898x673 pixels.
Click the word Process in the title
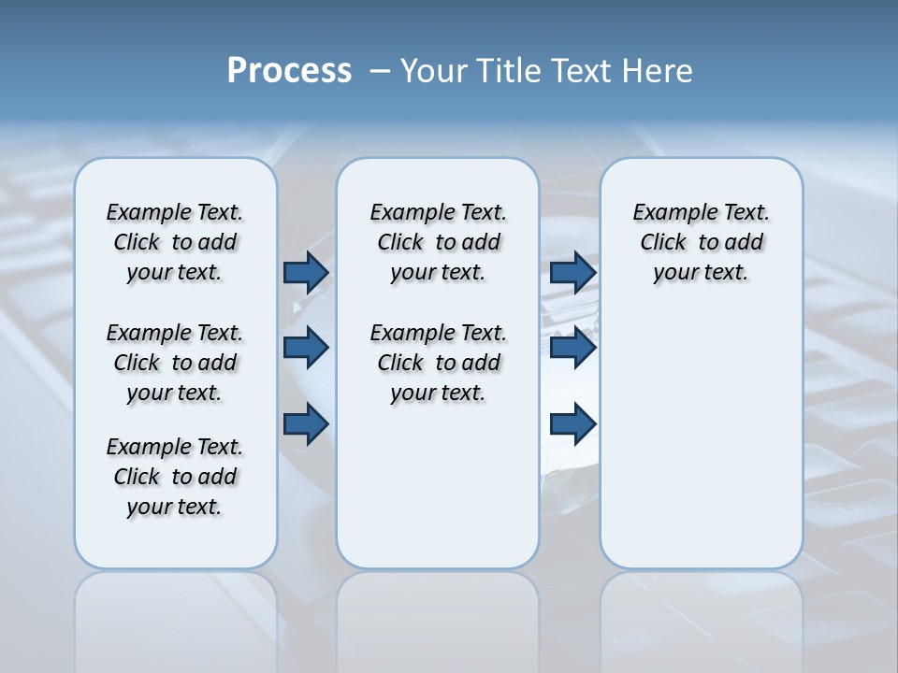click(x=289, y=71)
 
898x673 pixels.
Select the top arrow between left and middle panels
click(x=306, y=272)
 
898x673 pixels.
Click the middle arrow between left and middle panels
click(x=306, y=348)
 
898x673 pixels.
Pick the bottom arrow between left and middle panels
click(x=306, y=423)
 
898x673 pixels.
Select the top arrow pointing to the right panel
click(x=572, y=272)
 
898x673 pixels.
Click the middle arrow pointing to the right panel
click(x=572, y=348)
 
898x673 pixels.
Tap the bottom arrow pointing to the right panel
click(x=572, y=423)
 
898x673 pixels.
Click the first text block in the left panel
click(x=175, y=242)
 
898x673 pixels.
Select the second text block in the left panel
click(x=175, y=363)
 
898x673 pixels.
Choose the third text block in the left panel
click(x=175, y=477)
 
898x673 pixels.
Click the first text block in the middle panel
click(x=438, y=242)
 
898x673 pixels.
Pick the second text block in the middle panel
click(x=438, y=363)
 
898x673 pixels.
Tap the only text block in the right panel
click(x=701, y=242)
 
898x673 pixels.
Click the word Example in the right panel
click(x=669, y=213)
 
